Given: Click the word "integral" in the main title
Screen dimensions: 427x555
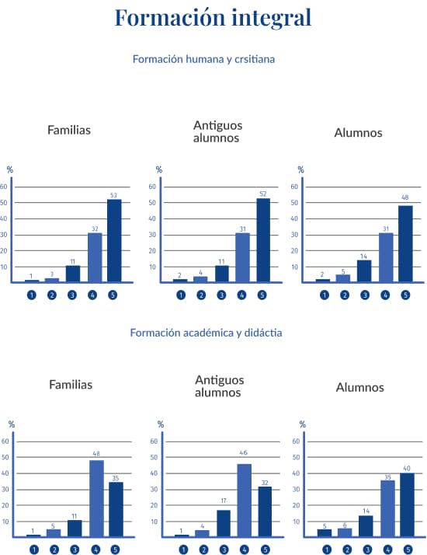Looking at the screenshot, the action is pyautogui.click(x=271, y=18).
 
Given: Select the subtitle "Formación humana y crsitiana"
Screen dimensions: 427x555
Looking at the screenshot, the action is pyautogui.click(x=203, y=59).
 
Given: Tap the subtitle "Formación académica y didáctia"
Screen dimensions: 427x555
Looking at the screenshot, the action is pyautogui.click(x=206, y=333).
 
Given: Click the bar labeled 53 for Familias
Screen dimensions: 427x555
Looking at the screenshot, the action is pyautogui.click(x=114, y=241).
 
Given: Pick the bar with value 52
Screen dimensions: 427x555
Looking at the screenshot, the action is pyautogui.click(x=263, y=240).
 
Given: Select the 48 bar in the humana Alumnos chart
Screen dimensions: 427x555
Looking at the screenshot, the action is pyautogui.click(x=405, y=244).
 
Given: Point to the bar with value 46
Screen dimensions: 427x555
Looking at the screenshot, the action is pyautogui.click(x=245, y=500).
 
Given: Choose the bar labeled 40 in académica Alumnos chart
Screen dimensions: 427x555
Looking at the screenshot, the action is pyautogui.click(x=408, y=504).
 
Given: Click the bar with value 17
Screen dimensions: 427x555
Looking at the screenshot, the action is pyautogui.click(x=224, y=523).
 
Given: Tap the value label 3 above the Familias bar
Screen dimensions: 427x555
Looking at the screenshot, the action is pyautogui.click(x=52, y=274).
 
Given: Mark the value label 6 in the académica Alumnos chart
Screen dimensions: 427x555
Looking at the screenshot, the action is pyautogui.click(x=345, y=525).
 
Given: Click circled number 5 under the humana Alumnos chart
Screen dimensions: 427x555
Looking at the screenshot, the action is pyautogui.click(x=405, y=295).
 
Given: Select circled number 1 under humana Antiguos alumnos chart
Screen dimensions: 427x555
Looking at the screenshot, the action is pyautogui.click(x=181, y=295).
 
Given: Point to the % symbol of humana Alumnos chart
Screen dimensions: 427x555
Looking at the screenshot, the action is pyautogui.click(x=300, y=170).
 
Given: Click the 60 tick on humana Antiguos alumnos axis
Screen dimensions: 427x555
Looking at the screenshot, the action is pyautogui.click(x=152, y=187).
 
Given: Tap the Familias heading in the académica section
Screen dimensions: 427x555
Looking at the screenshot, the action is pyautogui.click(x=71, y=385).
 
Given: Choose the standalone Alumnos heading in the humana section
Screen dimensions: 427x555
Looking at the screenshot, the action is pyautogui.click(x=358, y=133).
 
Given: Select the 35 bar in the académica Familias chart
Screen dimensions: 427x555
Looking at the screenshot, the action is pyautogui.click(x=116, y=509).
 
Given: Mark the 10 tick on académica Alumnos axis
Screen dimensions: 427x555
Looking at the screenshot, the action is pyautogui.click(x=296, y=522).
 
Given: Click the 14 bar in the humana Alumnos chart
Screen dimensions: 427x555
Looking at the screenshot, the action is pyautogui.click(x=364, y=271).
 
